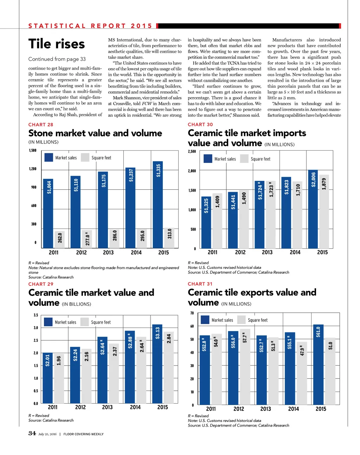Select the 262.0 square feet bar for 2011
coord(60,239)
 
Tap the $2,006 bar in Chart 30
coord(313,209)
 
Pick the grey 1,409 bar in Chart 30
coord(217,221)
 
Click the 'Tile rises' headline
coord(57,44)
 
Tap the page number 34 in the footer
coord(32,433)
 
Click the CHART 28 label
coord(41,125)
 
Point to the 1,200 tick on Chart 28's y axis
coord(33,169)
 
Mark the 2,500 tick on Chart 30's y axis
coord(192,152)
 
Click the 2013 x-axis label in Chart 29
coord(107,407)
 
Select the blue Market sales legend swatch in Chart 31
coord(205,320)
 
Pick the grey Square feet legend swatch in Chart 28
coord(85,157)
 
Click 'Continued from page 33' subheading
coord(57,59)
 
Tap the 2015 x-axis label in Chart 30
coord(322,252)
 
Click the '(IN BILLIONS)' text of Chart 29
coord(76,304)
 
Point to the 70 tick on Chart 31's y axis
coord(192,313)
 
